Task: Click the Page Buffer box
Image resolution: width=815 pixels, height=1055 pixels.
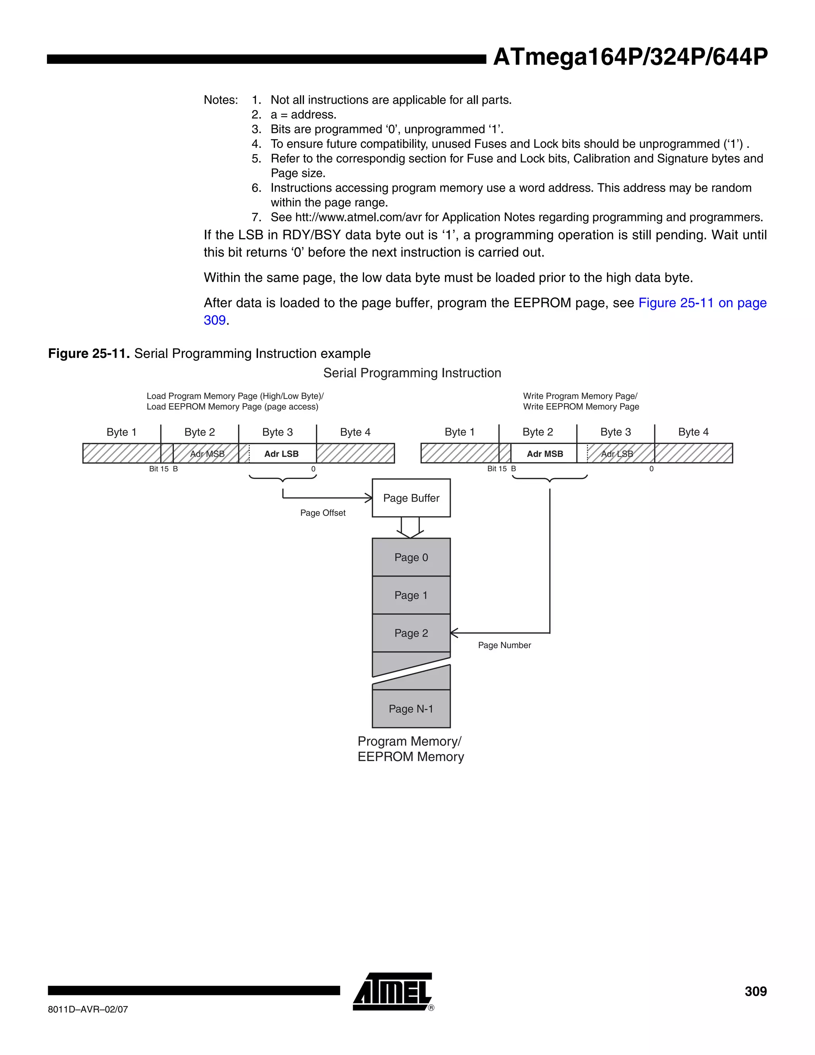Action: pyautogui.click(x=411, y=498)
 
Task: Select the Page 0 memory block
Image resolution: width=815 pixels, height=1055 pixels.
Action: pyautogui.click(x=411, y=557)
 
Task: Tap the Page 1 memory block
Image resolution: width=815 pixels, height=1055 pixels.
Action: pyautogui.click(x=411, y=595)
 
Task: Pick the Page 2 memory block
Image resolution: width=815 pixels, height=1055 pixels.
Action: pyautogui.click(x=411, y=633)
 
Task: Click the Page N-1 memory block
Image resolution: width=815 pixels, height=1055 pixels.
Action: pyautogui.click(x=411, y=709)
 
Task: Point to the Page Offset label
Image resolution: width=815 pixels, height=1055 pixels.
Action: pyautogui.click(x=322, y=513)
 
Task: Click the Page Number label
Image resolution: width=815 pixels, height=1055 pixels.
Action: pyautogui.click(x=504, y=645)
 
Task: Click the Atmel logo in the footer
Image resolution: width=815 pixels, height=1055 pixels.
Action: pyautogui.click(x=392, y=991)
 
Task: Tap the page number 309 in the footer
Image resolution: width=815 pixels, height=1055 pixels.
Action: pyautogui.click(x=755, y=991)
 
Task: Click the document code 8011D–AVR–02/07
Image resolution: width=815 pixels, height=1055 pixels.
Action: pyautogui.click(x=88, y=1009)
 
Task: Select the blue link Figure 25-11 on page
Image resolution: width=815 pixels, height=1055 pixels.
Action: pyautogui.click(x=702, y=303)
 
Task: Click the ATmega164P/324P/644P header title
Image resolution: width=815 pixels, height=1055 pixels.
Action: pyautogui.click(x=630, y=57)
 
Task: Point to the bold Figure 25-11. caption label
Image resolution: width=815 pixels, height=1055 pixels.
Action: pyautogui.click(x=89, y=354)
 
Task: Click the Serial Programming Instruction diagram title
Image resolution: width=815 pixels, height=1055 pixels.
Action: pyautogui.click(x=412, y=373)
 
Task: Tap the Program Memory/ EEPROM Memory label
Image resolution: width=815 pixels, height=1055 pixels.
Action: pyautogui.click(x=410, y=749)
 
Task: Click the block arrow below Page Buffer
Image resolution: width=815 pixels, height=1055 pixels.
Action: pyautogui.click(x=410, y=527)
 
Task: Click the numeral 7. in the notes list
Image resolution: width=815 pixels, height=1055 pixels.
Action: pyautogui.click(x=256, y=217)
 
